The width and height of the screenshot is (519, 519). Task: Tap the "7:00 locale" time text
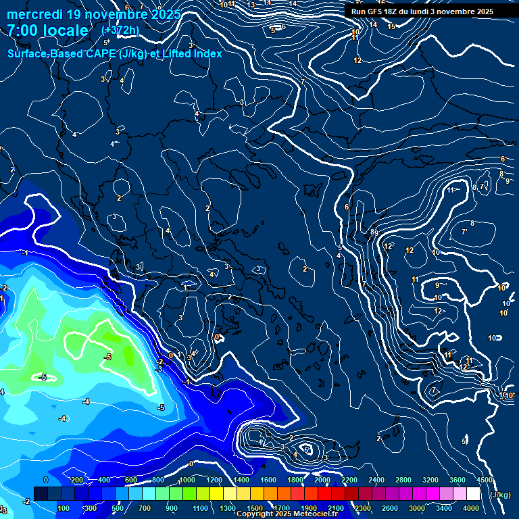pos(47,30)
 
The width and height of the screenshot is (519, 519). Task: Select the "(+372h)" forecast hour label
pos(121,30)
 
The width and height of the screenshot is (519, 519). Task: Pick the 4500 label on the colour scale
pos(484,480)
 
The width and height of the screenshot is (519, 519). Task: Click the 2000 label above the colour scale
pos(322,480)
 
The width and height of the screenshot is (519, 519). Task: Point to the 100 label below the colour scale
pos(64,508)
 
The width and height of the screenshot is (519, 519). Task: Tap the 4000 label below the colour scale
pos(471,508)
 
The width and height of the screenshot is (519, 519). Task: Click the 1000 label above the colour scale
pos(187,480)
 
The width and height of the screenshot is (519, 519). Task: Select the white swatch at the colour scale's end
pos(473,494)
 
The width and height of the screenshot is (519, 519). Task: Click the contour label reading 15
pos(391,26)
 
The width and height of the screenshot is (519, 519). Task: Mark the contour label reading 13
pos(251,5)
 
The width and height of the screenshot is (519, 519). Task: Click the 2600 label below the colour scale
pos(390,508)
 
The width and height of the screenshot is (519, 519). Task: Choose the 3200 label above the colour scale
pos(430,480)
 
